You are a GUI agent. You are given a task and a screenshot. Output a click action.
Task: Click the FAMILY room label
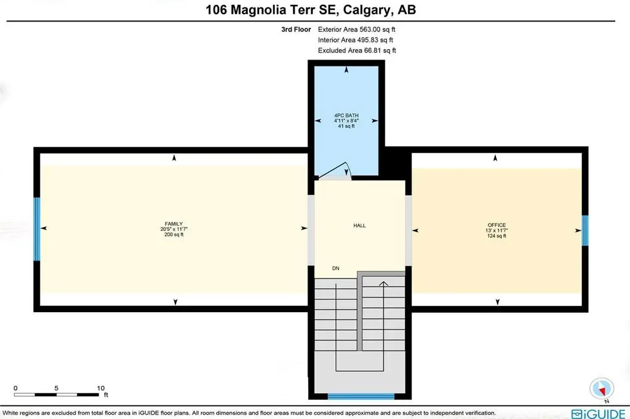coord(174,224)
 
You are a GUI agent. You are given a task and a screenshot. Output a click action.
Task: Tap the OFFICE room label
coord(496,225)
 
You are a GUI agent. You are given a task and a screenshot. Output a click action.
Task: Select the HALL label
coord(359,225)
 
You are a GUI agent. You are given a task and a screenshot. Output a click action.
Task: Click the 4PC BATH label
coord(346,116)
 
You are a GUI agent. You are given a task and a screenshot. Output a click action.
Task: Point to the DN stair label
coord(335,268)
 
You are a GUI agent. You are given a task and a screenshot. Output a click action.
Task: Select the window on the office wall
coord(585,230)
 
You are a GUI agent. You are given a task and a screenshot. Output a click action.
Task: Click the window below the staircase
coord(361,396)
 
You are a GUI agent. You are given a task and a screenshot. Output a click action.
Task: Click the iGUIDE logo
coord(597,413)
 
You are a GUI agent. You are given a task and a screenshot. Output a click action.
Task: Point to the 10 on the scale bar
coord(101,388)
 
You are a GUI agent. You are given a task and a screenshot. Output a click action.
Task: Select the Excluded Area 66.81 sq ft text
coord(357,50)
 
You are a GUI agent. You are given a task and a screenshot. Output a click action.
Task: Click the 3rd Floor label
coord(294,29)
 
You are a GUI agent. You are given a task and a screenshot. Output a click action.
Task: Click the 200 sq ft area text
coord(174,234)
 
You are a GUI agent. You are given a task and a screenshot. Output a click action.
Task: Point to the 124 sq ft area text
coord(496,236)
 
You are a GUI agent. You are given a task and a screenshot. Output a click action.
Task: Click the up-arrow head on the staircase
coord(383,283)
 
